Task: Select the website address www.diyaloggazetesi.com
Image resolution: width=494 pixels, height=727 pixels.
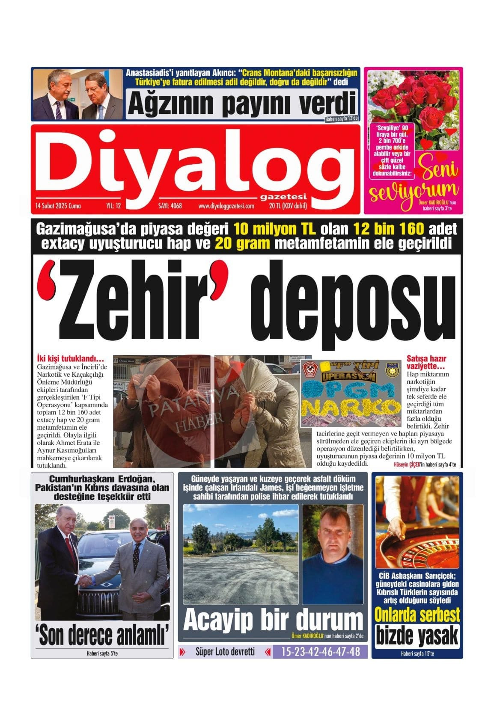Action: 226,206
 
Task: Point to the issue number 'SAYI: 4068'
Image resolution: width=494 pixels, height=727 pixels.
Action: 170,206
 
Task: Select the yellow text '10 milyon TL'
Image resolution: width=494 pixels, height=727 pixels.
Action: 275,229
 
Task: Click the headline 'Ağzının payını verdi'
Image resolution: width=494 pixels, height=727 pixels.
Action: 242,103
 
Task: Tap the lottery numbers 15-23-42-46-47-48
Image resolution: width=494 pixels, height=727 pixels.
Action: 320,652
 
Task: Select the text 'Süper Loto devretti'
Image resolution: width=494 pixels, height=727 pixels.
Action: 225,652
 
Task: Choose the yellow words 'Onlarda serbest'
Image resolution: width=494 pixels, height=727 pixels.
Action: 417,615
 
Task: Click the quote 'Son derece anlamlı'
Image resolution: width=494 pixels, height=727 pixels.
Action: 102,635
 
